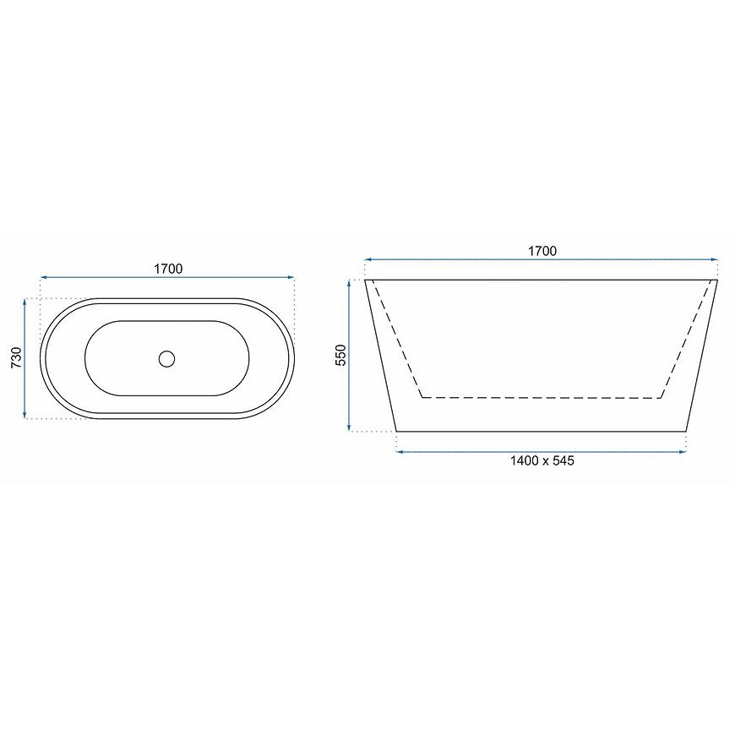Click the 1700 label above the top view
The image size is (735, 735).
[168, 269]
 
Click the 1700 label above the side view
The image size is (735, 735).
[542, 251]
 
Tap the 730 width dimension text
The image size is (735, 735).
[16, 357]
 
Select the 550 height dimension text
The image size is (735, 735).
[340, 355]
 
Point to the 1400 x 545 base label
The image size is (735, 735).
[542, 460]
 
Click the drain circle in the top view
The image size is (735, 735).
[167, 358]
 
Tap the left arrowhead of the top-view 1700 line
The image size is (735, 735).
[44, 277]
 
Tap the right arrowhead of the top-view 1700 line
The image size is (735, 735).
[291, 277]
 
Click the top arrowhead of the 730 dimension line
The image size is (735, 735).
[24, 302]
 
